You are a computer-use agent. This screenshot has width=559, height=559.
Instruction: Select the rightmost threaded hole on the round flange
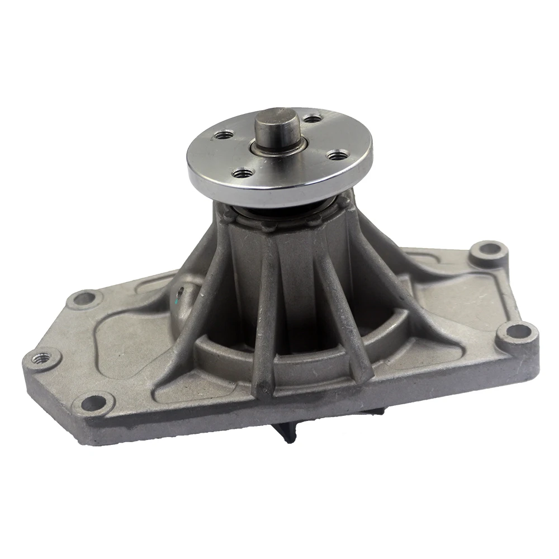337,155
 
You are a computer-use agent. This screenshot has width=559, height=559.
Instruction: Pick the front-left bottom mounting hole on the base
96,401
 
